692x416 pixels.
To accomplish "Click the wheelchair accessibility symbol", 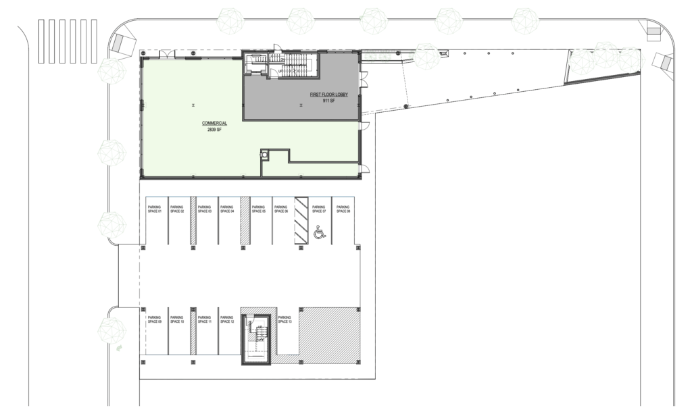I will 320,234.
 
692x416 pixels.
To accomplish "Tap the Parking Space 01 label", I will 154,209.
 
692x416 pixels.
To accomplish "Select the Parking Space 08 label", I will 343,209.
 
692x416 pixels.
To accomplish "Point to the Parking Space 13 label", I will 285,319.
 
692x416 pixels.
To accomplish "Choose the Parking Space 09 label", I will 154,319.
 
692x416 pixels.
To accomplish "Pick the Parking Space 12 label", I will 228,319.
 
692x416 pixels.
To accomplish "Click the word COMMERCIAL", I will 214,123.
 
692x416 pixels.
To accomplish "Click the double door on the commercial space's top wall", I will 166,53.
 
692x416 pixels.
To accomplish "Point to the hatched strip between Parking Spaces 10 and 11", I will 193,332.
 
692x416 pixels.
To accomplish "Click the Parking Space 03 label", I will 205,209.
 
